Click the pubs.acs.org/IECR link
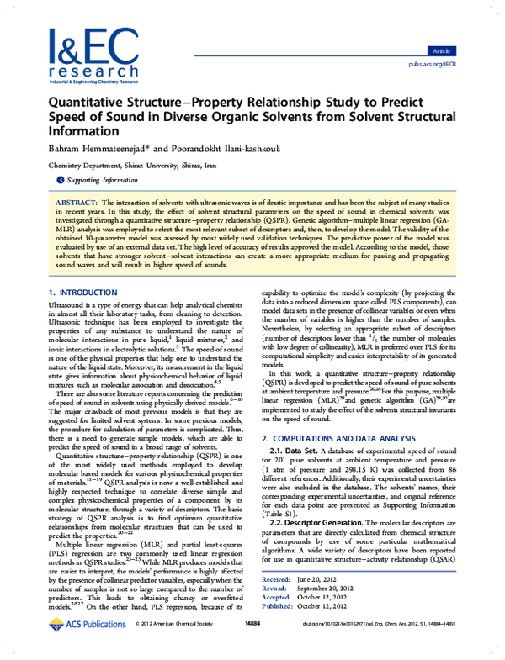[432, 64]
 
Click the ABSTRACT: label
[76, 204]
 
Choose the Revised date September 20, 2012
[340, 612]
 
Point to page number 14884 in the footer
[252, 647]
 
